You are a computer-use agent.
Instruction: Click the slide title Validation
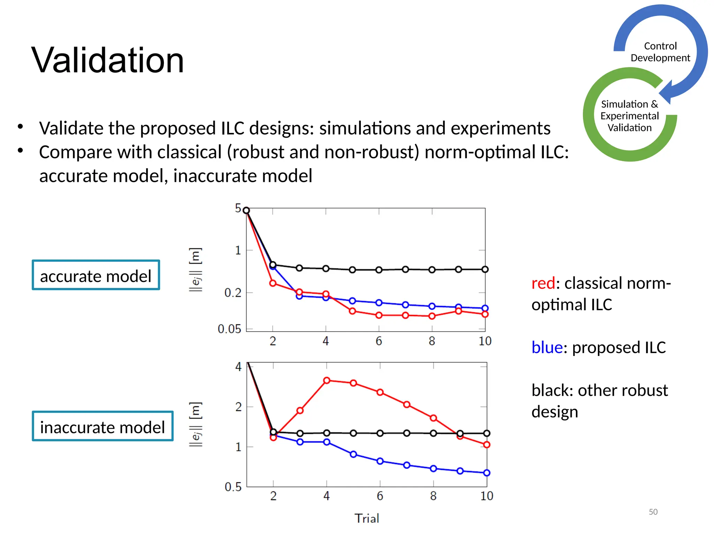point(107,60)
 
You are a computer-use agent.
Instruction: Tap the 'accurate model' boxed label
point(96,276)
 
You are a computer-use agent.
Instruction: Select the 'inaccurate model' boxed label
point(102,427)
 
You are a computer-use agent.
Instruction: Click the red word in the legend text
point(543,283)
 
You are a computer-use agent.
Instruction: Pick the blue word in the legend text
point(547,348)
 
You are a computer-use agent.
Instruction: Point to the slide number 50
point(653,512)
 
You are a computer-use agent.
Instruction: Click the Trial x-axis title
point(367,518)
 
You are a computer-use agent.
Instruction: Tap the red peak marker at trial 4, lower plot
point(327,380)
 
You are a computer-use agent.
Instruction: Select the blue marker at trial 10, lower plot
point(487,473)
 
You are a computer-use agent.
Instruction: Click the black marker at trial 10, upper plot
point(485,269)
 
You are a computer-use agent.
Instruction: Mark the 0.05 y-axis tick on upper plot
point(229,329)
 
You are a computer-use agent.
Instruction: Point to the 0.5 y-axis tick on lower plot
point(233,486)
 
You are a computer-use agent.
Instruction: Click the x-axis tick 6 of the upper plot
point(379,341)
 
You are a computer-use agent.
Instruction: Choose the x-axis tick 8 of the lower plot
point(433,496)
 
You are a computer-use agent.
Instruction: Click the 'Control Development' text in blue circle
point(660,52)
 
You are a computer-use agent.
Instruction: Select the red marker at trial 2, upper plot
point(273,283)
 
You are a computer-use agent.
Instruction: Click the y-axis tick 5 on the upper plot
point(238,208)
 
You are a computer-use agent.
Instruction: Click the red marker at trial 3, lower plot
point(300,410)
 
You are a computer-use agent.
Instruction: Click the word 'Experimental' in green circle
point(629,116)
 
